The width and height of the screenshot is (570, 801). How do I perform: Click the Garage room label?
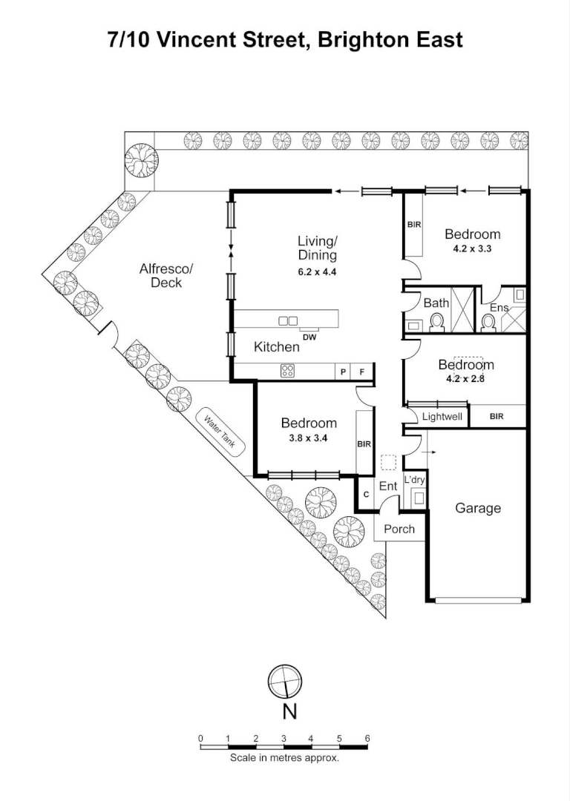point(477,508)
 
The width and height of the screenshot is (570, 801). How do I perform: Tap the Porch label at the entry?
point(399,529)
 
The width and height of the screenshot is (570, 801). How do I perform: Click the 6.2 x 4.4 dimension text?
point(317,271)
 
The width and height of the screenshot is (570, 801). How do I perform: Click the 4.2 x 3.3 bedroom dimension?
point(472,249)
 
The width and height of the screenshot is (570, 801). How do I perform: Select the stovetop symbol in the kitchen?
point(287,372)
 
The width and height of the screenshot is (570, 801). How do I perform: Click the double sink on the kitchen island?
point(287,320)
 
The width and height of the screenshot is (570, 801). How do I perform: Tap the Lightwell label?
point(442,417)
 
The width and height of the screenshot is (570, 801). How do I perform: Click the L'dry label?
point(414,480)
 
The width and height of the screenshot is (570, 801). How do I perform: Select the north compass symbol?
point(286,681)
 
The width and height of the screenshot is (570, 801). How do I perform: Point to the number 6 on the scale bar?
point(367,739)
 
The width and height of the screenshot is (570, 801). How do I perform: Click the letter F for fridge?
point(361,372)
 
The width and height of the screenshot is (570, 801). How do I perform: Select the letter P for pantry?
point(343,372)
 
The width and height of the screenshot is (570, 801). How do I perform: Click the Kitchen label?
point(277,346)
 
